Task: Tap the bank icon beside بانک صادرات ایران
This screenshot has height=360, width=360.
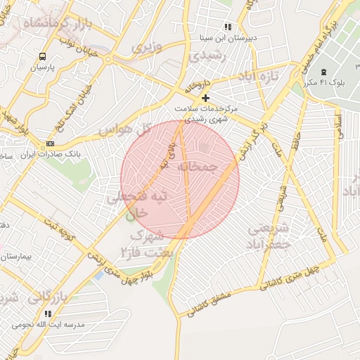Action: click(49, 143)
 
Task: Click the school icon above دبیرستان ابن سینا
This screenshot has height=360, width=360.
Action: click(227, 26)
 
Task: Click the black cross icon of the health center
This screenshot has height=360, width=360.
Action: click(205, 98)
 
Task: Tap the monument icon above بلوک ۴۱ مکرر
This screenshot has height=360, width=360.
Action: click(324, 72)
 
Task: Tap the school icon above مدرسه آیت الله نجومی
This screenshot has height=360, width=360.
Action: click(48, 314)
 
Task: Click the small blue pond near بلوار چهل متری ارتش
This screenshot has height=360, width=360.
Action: click(98, 274)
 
